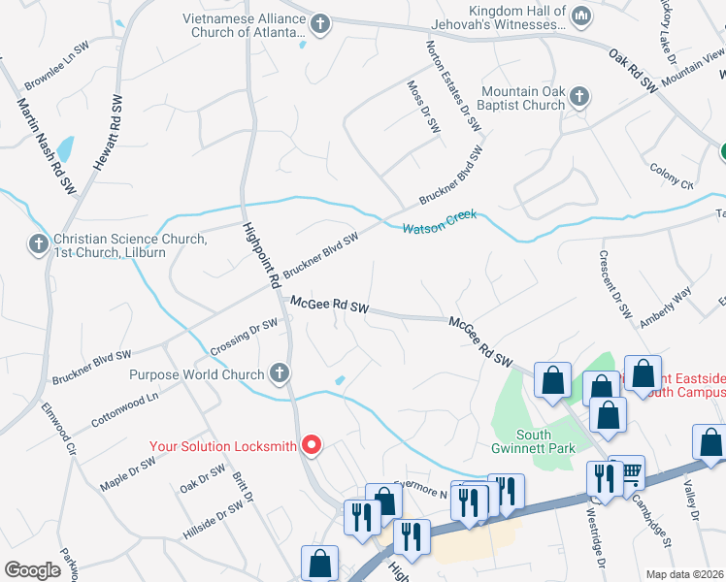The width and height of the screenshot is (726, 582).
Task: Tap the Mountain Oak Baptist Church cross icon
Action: coord(578,97)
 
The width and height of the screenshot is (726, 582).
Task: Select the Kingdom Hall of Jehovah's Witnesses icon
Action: coord(581,16)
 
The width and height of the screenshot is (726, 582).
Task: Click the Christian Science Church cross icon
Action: coord(39,243)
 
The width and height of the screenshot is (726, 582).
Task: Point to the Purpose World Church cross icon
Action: coord(280,373)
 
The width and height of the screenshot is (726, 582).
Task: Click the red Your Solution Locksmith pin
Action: coord(312,445)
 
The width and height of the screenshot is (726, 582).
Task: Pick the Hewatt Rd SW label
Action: coord(106,135)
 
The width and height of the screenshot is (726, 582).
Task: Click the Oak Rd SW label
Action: coord(633,71)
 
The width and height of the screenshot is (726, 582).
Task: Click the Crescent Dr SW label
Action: coord(615,286)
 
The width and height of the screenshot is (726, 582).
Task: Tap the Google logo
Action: coord(32,570)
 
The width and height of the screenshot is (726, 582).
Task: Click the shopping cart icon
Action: coord(629,471)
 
